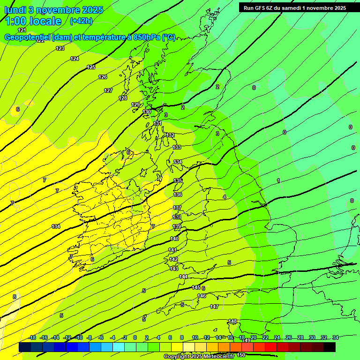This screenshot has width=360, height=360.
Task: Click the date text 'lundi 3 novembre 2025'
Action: tap(53, 10)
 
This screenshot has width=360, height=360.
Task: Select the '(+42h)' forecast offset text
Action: tap(81, 21)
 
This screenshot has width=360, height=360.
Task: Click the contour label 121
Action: tap(22, 30)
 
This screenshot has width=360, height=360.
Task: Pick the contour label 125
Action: tap(91, 67)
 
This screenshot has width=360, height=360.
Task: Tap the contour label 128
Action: tap(123, 98)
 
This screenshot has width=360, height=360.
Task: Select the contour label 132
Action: tap(170, 135)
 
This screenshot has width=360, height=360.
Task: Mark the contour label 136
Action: tap(178, 195)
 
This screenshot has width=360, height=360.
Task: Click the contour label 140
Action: tap(174, 239)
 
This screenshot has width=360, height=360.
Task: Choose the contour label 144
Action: tap(183, 277)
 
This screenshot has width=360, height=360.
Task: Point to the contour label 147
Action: tap(214, 307)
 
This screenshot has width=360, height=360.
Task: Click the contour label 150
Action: tap(241, 355)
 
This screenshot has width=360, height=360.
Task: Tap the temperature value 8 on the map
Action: tap(15, 297)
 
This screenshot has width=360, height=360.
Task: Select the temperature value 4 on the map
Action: tap(225, 197)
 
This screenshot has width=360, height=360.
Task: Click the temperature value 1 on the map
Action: tap(278, 180)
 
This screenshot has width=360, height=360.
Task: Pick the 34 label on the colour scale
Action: tap(335, 337)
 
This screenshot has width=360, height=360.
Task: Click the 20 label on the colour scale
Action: tap(254, 337)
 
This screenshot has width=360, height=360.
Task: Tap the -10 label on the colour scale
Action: tap(79, 337)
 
